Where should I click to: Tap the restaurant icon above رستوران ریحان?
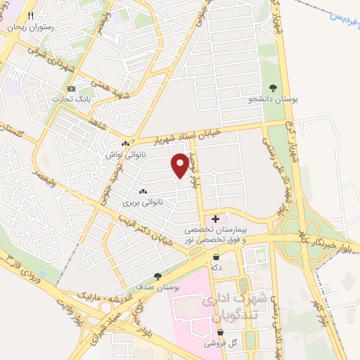[x=30, y=15]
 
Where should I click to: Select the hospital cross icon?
[x=215, y=219]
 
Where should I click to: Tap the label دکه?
[x=217, y=268]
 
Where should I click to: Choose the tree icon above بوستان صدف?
[x=157, y=277]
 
